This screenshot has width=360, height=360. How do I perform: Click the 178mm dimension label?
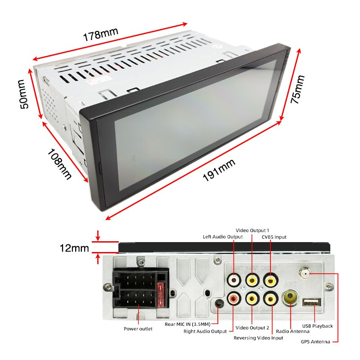coord(100,35)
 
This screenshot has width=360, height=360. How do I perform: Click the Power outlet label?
coord(138,328)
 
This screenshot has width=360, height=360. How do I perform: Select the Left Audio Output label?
coord(223,237)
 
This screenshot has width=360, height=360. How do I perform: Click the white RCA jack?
coord(234,280)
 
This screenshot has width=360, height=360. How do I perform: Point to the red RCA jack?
coord(234,297)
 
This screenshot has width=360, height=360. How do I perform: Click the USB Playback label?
coord(317,326)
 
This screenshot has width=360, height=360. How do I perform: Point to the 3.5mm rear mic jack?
coord(219,304)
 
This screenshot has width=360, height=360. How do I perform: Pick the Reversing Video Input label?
coord(258,337)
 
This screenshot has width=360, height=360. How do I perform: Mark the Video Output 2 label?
coord(252,328)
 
